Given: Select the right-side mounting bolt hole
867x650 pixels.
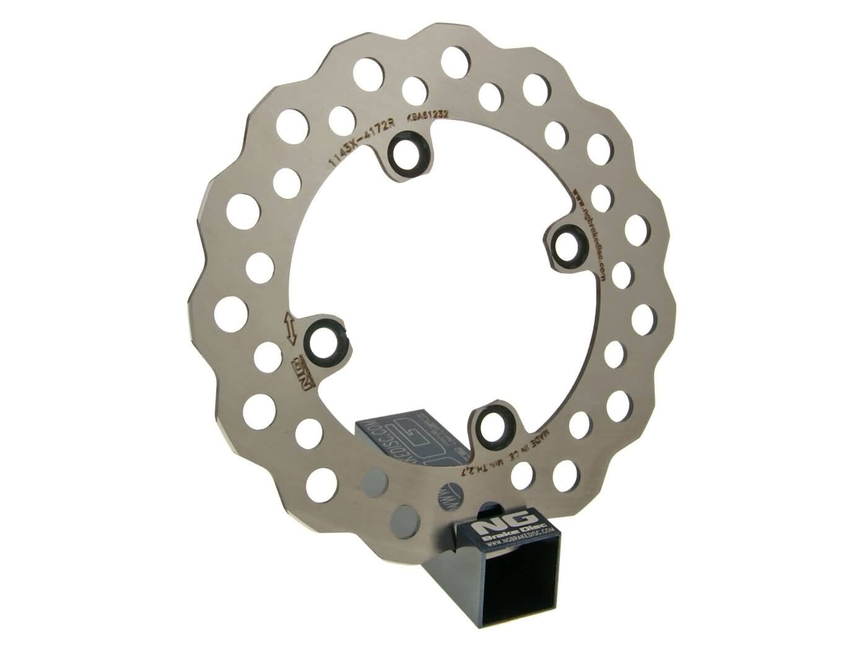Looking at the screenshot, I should [x=566, y=245].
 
